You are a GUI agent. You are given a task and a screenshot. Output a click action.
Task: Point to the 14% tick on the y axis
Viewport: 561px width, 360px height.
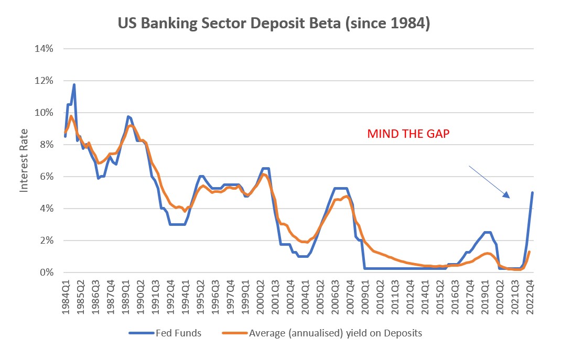tap(44, 49)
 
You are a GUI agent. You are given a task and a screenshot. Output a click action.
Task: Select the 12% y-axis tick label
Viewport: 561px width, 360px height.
tap(44, 81)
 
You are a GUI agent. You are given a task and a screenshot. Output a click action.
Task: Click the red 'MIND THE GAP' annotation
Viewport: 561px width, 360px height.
tap(408, 134)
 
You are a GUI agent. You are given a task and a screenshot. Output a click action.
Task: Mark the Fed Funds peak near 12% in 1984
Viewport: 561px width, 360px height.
tap(74, 84)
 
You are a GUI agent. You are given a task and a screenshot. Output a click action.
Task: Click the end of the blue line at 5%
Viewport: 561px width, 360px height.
tap(533, 192)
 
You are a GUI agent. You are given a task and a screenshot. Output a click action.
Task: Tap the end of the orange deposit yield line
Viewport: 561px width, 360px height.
tap(530, 252)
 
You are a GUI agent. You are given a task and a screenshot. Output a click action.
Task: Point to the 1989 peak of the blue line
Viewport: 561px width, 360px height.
tap(128, 116)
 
